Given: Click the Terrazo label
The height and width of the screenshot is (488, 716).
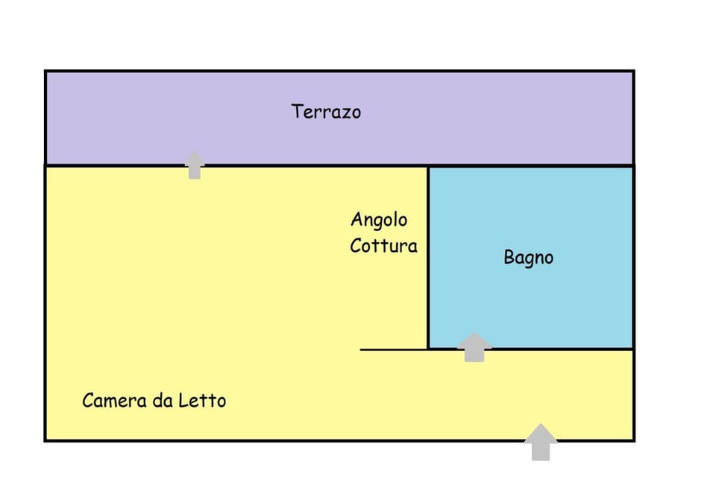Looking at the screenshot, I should (x=326, y=112).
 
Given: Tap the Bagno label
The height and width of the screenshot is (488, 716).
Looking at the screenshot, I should (x=528, y=258).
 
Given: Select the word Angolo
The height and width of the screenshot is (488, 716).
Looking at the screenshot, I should (x=379, y=220).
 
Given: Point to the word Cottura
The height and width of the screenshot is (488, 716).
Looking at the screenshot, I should (x=383, y=245).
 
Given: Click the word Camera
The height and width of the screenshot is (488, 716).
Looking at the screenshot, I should (x=113, y=400).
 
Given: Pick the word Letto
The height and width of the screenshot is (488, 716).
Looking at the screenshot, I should (x=201, y=400).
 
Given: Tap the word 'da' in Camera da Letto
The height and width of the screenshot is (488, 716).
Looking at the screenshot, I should (x=162, y=400).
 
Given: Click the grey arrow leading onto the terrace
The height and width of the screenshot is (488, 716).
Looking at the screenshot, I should (x=195, y=165).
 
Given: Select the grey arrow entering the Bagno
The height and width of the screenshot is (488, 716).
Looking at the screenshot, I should (x=474, y=346).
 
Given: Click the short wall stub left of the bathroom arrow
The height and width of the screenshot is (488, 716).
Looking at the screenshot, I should (x=393, y=349).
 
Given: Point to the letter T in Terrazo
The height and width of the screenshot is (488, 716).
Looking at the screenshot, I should (x=297, y=112).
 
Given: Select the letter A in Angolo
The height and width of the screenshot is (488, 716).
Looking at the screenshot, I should (x=357, y=220).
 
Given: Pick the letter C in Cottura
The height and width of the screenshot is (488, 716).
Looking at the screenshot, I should (x=356, y=245).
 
